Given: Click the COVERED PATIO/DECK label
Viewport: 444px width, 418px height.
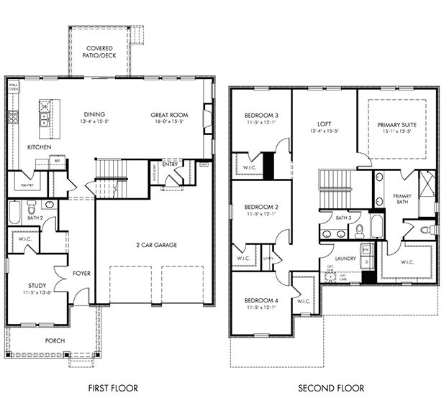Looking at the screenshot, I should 99,51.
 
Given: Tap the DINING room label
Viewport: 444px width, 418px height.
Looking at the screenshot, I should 95,114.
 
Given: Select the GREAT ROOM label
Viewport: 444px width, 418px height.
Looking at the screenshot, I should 169,114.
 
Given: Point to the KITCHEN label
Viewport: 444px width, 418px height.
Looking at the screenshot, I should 40,147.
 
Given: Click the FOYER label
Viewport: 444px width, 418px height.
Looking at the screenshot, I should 81,274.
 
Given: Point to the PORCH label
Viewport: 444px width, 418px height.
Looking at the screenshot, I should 55,340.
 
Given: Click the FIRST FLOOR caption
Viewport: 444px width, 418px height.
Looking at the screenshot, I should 113,389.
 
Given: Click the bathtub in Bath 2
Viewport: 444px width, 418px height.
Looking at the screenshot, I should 17,213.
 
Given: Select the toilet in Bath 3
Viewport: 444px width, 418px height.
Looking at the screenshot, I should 358,231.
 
